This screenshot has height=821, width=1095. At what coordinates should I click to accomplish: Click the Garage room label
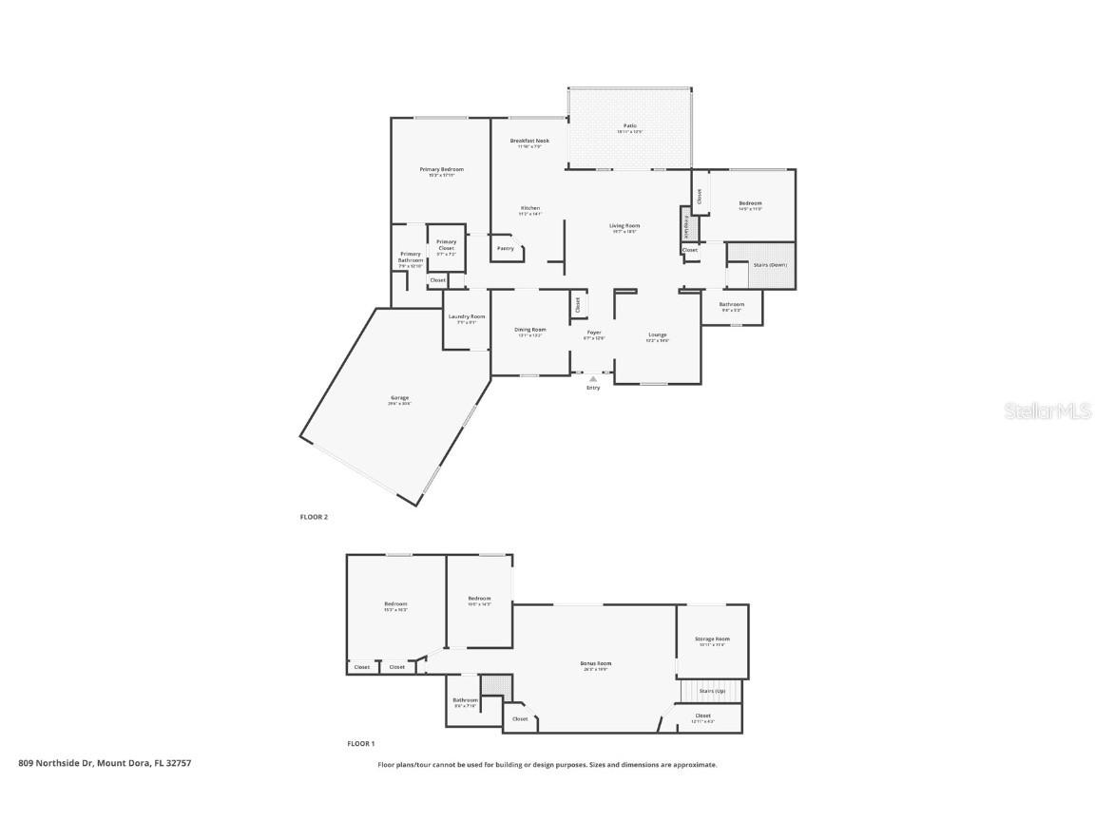click(398, 400)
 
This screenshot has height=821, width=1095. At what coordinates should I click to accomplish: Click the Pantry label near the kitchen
click(506, 249)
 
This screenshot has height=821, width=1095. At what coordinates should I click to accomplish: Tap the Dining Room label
click(530, 331)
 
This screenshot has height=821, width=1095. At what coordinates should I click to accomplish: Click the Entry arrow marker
click(593, 378)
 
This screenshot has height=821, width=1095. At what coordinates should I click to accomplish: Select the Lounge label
click(658, 335)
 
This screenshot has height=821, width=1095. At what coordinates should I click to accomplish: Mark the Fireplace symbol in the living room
click(687, 226)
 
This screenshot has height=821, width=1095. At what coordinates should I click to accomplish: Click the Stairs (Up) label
click(712, 691)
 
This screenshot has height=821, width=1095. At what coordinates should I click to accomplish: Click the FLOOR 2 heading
click(314, 517)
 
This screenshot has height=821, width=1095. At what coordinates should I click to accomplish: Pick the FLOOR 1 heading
click(361, 744)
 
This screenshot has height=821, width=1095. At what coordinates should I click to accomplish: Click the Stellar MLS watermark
click(1048, 411)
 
